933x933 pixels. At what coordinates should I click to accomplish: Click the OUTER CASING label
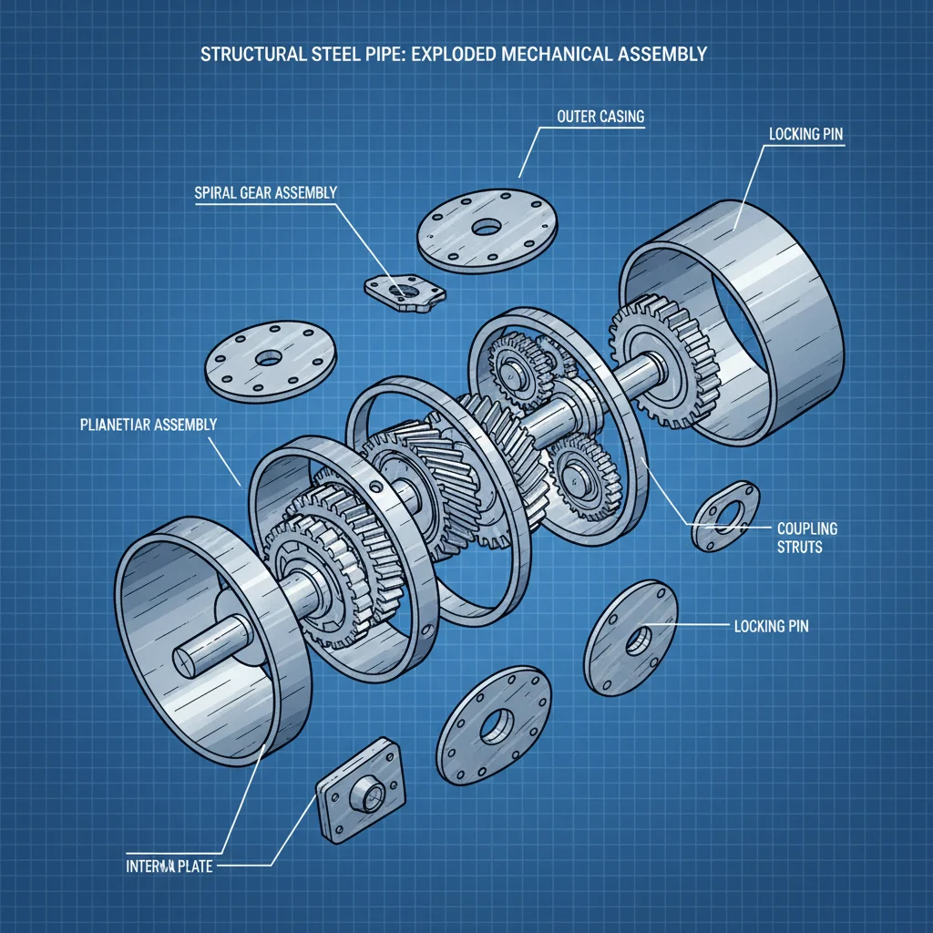(x=600, y=118)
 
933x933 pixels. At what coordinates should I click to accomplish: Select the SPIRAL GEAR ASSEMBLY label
(x=265, y=192)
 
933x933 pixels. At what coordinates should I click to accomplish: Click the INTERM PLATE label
(x=169, y=866)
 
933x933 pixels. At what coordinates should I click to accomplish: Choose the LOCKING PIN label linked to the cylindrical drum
(x=805, y=133)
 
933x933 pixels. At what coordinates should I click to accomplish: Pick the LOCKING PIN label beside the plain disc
(x=771, y=627)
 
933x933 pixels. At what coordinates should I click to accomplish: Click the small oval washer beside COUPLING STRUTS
(x=725, y=516)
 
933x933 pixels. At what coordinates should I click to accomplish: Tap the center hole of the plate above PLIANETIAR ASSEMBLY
(x=268, y=359)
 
